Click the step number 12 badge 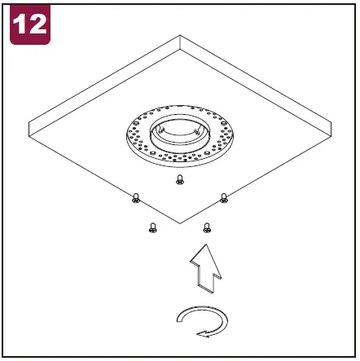pos(29,24)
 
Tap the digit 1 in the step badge pos(20,24)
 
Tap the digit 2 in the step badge pos(37,24)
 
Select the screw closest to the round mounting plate pos(180,180)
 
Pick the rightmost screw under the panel pos(224,196)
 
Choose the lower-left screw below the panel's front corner pos(152,228)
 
